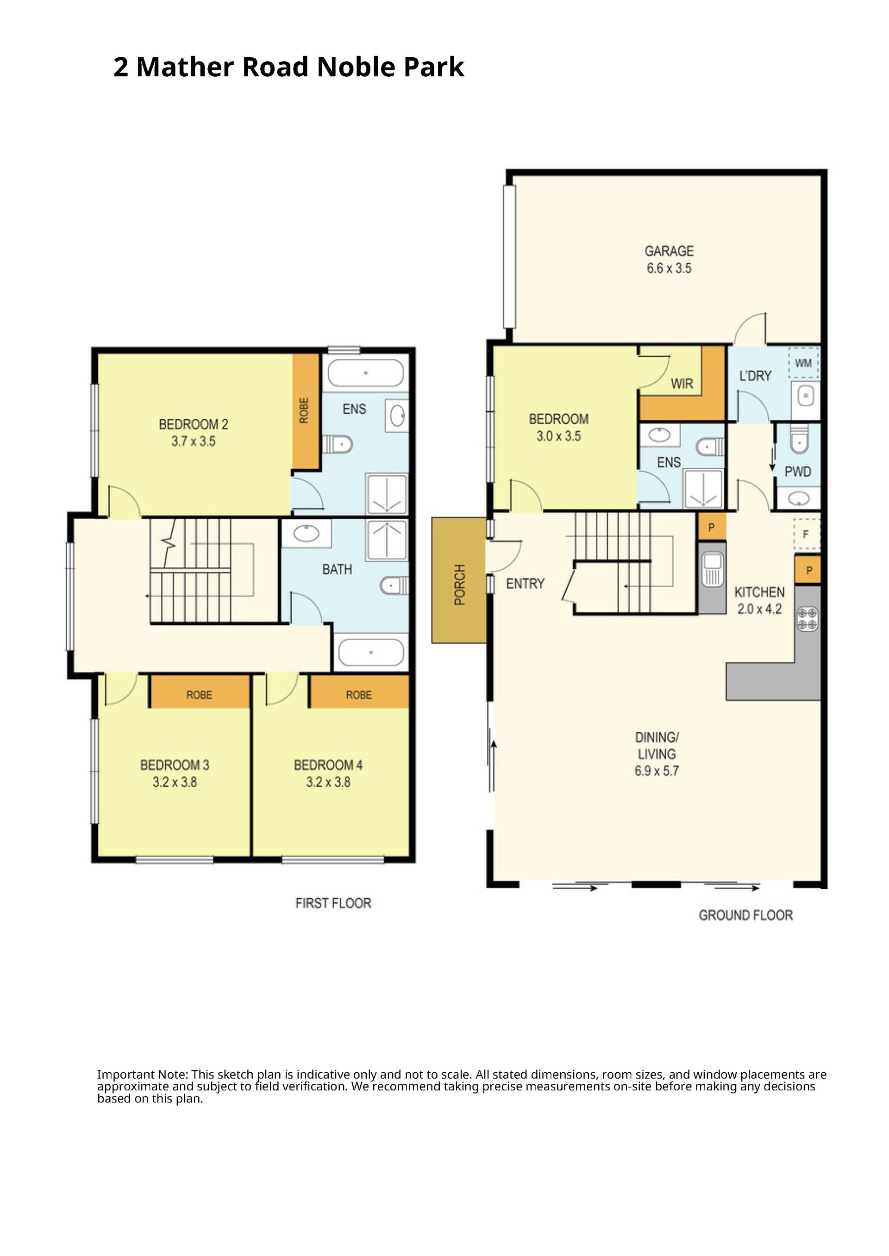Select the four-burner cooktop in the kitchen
pyautogui.click(x=808, y=619)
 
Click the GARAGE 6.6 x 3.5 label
pyautogui.click(x=669, y=259)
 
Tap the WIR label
pyautogui.click(x=682, y=384)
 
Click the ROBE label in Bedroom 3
pyautogui.click(x=199, y=695)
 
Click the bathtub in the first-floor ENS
pyautogui.click(x=366, y=373)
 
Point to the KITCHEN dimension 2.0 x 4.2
pyautogui.click(x=759, y=609)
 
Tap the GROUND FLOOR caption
pyautogui.click(x=745, y=915)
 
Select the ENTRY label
pyautogui.click(x=525, y=584)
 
